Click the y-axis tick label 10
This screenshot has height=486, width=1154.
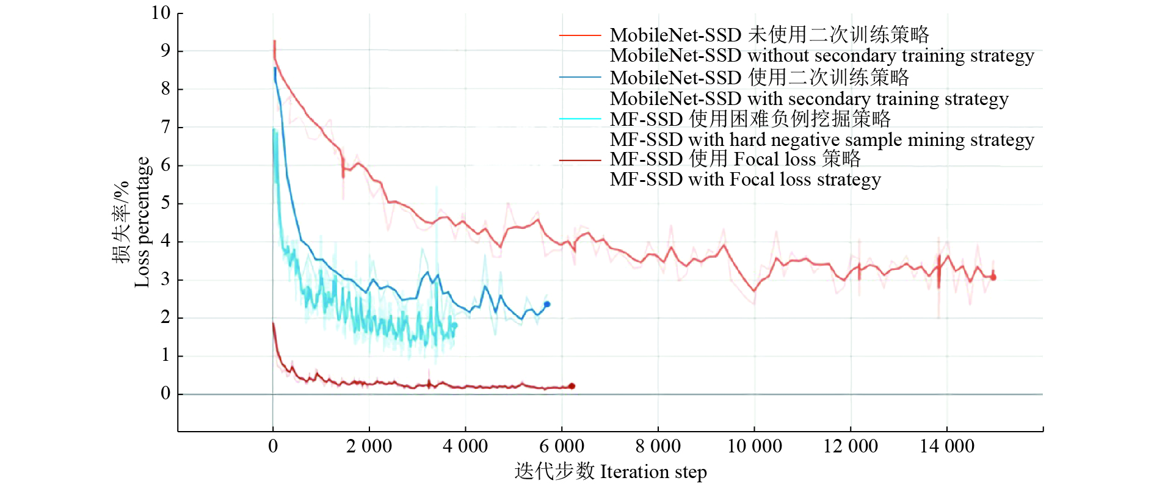coord(161,13)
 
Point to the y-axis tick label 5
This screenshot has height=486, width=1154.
coord(165,203)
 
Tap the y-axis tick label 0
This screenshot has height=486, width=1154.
coord(165,394)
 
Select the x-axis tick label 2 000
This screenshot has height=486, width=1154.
coord(369,446)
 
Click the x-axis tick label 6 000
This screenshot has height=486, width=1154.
coord(562,446)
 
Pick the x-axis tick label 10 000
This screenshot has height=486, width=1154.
coord(755,446)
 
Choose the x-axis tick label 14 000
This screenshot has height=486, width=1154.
coord(947,446)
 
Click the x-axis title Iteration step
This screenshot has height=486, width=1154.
coord(653,472)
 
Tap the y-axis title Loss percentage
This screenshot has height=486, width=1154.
coord(142,222)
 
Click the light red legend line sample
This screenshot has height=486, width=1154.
coord(580,36)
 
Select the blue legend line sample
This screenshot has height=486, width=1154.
coord(580,78)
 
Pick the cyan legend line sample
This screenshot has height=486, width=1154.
coord(580,119)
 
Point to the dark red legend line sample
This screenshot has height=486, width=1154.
coord(580,160)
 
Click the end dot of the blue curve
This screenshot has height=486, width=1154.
coord(547,304)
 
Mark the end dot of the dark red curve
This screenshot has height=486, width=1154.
coord(572,386)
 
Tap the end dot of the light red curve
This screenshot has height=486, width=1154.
coord(993,277)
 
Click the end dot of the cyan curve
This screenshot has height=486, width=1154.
coord(454,325)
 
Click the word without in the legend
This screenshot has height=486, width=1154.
coord(778,56)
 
